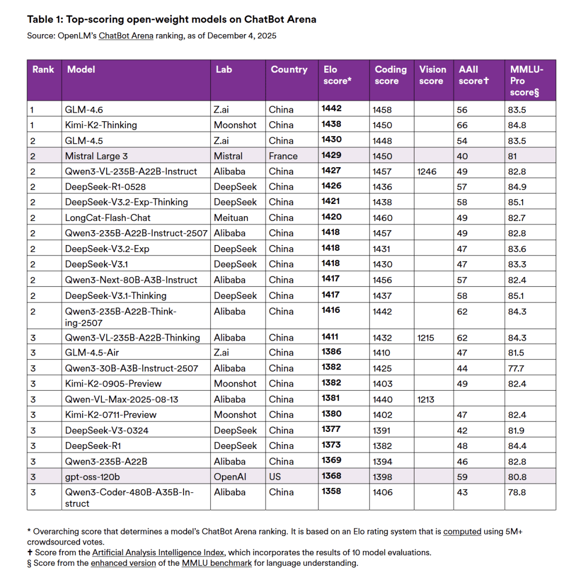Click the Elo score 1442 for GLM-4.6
coord(331,109)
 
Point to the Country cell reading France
coord(283,156)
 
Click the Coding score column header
coord(390,75)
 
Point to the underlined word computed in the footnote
coord(462,531)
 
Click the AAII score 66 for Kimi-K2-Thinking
coord(462,125)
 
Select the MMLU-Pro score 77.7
coord(517,368)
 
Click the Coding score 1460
coord(383,218)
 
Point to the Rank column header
coord(43,69)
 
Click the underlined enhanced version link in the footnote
coord(123,563)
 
